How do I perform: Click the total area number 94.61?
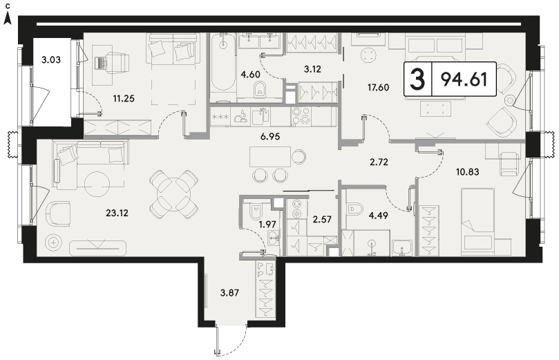[x=464, y=79]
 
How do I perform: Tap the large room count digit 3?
[x=417, y=79]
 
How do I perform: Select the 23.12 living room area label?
[x=117, y=213]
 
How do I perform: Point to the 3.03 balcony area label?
[x=51, y=59]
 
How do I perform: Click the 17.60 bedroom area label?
[x=378, y=87]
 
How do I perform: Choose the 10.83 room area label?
[x=468, y=172]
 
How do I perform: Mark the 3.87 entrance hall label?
[x=229, y=293]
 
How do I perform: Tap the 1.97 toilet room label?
[x=267, y=224]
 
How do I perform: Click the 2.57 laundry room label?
[x=322, y=219]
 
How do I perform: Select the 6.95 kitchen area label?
[x=270, y=136]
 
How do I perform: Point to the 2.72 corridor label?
[x=379, y=162]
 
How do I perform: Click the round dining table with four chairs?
[x=173, y=195]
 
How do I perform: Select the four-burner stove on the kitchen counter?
[x=301, y=116]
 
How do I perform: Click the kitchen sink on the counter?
[x=260, y=116]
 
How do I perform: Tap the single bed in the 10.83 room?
[x=477, y=222]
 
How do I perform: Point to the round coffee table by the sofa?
[x=97, y=184]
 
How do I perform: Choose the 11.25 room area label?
[x=124, y=99]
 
